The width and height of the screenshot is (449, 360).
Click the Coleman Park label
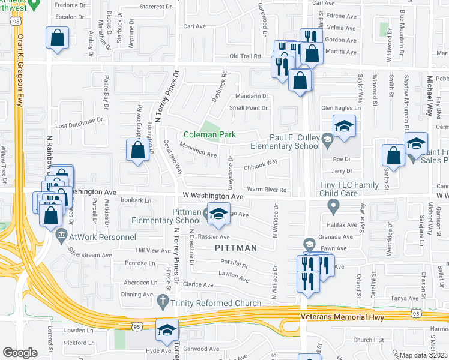pyautogui.click(x=209, y=135)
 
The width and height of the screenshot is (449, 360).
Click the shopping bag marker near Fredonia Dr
pyautogui.click(x=57, y=39)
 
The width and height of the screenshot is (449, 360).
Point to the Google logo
pyautogui.click(x=20, y=352)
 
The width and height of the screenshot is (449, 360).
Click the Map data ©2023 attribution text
pyautogui.click(x=424, y=355)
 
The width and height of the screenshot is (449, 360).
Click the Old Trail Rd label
pyautogui.click(x=245, y=56)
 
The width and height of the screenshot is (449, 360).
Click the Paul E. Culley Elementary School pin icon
pyautogui.click(x=327, y=142)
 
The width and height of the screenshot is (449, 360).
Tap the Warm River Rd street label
pyautogui.click(x=267, y=190)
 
